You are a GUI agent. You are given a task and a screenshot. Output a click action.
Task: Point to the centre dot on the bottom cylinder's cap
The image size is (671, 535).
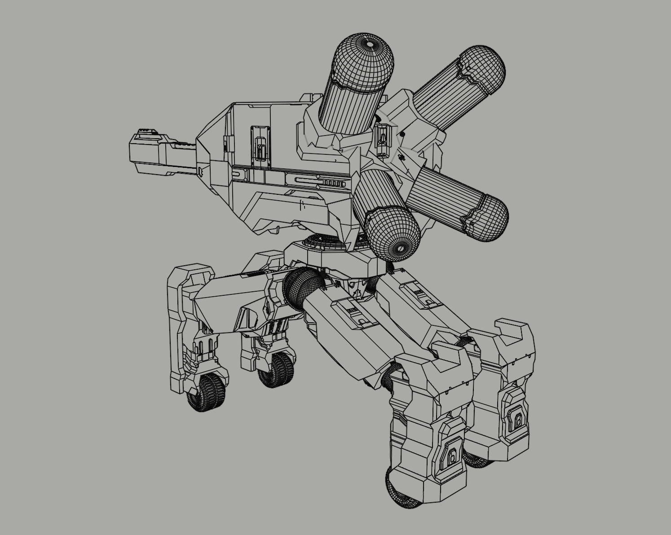point(398,247)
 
